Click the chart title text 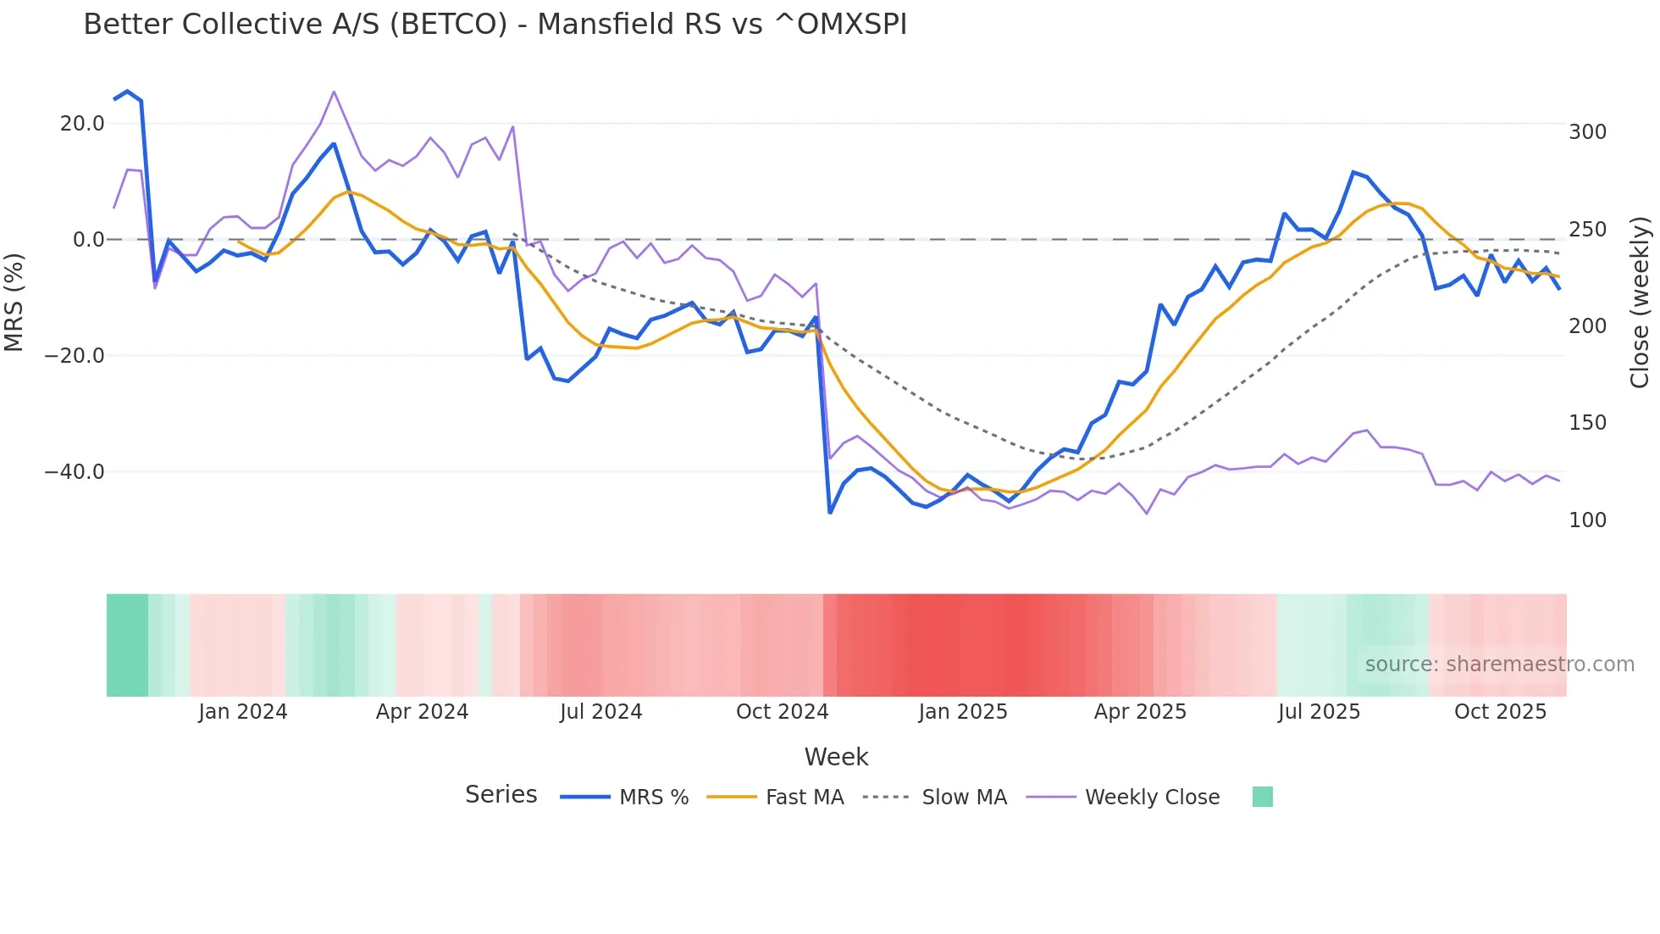495,25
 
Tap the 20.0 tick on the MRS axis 82,124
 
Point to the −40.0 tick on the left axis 75,472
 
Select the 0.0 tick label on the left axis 89,240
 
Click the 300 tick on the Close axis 1587,132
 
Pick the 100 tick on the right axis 1587,520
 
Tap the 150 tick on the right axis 1587,423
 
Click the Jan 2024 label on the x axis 243,712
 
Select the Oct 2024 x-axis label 782,712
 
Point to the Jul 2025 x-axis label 1319,712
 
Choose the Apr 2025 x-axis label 1140,712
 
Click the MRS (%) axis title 14,303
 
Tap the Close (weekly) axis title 1641,303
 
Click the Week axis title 836,757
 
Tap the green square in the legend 1262,797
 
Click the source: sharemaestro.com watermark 1499,664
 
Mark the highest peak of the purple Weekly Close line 334,92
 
